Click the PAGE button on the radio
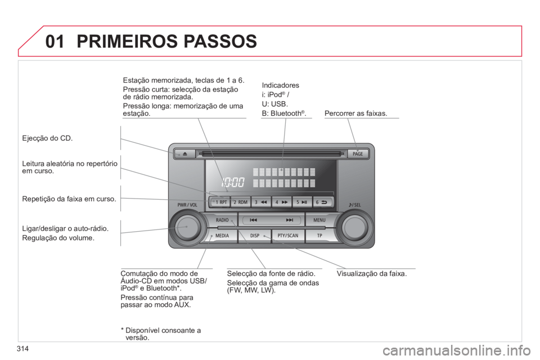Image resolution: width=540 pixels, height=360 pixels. point(358,154)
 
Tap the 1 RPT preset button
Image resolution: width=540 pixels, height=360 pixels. point(220,202)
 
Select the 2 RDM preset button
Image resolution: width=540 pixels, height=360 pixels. point(240,202)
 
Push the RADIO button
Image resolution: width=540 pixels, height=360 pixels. point(222,220)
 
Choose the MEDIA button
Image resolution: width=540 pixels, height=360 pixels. point(222,236)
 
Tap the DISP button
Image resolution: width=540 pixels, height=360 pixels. point(254,236)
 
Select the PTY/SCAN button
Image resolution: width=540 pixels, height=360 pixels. point(288,236)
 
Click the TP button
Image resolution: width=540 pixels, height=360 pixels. point(319,236)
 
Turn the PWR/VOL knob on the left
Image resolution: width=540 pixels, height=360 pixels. point(187,227)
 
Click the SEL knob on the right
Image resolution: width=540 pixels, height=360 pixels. point(355,227)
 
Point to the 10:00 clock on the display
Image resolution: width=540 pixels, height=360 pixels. point(233,182)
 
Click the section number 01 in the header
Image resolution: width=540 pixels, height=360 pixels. point(55,41)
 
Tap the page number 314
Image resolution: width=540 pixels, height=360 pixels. point(22,349)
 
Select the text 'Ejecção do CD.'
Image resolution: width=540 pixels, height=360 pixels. point(47,138)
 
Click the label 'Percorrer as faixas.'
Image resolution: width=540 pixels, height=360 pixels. point(355,113)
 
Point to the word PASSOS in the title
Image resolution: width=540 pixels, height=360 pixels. point(220,41)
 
